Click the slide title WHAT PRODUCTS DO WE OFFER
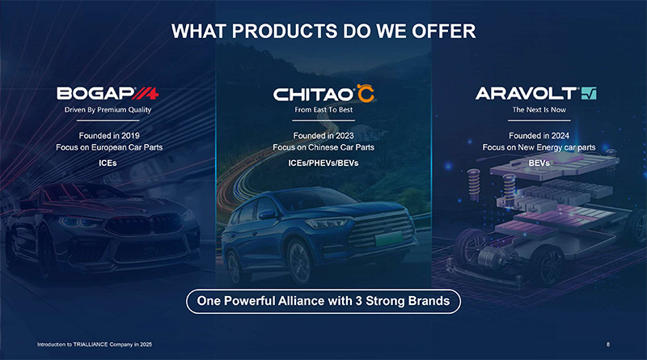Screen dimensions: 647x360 323,32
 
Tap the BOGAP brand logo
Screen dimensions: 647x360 108,93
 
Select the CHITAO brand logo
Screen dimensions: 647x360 323,93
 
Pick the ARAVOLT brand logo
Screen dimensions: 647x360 535,93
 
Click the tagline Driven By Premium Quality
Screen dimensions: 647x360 108,110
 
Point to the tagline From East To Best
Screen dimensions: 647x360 323,110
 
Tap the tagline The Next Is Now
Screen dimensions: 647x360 539,110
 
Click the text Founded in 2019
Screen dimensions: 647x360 109,135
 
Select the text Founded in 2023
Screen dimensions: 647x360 323,135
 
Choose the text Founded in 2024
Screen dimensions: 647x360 539,135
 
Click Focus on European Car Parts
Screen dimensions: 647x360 109,147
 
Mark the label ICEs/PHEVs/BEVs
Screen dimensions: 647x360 323,163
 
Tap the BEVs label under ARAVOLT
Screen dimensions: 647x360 539,163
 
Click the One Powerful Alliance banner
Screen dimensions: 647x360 323,301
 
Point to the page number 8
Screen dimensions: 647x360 608,345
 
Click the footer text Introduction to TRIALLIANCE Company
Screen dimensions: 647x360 95,345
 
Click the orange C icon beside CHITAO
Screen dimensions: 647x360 366,93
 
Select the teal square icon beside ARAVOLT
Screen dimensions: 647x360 589,93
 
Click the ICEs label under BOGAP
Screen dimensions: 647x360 108,163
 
